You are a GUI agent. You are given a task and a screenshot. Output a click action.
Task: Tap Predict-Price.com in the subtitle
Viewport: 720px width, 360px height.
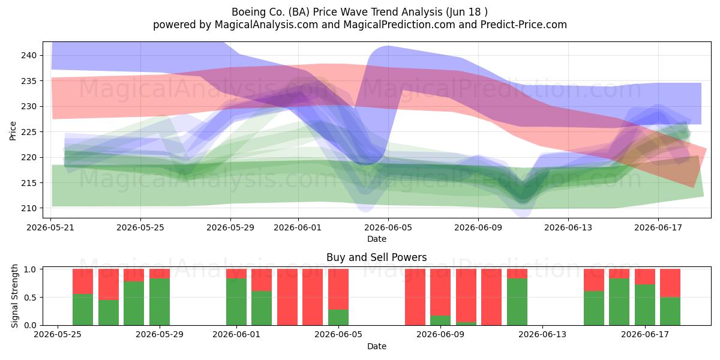524,25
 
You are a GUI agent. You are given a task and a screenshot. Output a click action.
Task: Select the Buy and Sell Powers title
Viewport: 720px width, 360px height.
376,257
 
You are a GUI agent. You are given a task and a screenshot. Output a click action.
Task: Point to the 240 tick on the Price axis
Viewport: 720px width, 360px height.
29,56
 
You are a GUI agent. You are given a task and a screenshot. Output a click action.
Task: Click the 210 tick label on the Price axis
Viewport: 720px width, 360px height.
29,209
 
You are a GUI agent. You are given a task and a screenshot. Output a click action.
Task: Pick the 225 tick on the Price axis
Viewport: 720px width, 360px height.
29,132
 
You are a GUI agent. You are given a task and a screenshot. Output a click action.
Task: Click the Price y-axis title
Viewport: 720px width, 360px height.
13,131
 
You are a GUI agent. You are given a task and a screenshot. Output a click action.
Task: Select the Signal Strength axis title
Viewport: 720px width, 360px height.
14,296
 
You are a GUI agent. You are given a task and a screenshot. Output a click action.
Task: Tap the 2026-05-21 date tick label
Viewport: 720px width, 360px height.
50,228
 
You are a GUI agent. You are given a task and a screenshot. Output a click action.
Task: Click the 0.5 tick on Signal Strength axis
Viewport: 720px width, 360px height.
31,298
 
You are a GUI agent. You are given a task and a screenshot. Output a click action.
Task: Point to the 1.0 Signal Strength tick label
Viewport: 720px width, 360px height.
31,269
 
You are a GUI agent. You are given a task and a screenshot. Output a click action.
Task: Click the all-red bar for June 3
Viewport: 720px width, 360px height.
287,297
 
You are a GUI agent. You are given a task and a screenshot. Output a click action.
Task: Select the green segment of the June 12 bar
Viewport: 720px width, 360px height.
517,302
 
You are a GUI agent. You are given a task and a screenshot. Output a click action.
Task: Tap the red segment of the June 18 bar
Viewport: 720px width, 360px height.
670,283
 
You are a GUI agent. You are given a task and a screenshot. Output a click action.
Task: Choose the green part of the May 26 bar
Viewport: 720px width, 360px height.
83,310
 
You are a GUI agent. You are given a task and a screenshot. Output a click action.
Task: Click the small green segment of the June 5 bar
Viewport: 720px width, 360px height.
338,317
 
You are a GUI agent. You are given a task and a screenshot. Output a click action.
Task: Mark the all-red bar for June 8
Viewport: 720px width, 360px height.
415,297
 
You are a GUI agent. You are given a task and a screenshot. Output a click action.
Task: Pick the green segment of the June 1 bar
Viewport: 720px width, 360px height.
236,302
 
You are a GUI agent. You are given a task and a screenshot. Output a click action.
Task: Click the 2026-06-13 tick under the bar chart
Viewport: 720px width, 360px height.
542,335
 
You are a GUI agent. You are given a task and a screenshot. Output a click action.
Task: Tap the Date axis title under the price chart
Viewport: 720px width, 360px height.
377,239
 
